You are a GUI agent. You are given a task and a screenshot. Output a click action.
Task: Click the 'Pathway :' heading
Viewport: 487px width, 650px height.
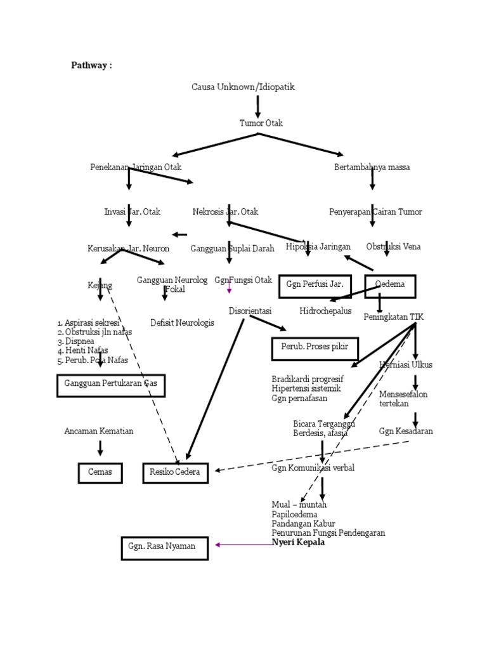click(x=91, y=65)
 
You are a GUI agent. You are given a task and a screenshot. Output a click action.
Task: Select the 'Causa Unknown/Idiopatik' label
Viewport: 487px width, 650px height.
click(x=243, y=86)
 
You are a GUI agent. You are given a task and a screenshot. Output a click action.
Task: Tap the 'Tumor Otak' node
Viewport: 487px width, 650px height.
click(x=261, y=123)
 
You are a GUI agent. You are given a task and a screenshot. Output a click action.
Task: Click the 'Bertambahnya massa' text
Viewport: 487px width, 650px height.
click(x=372, y=168)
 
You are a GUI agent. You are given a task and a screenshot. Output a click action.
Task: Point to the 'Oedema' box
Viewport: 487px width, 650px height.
click(x=390, y=285)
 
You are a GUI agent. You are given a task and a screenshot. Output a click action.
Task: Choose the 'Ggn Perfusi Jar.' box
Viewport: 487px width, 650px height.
click(x=315, y=285)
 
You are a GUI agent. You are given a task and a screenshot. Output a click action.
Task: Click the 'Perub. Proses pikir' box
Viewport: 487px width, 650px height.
click(x=315, y=348)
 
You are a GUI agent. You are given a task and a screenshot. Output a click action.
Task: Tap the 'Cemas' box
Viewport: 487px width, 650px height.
click(x=100, y=472)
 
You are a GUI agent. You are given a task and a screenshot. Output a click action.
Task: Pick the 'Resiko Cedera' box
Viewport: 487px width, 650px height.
click(x=175, y=472)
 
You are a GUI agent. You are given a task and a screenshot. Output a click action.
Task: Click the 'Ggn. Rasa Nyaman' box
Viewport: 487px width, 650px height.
click(x=164, y=547)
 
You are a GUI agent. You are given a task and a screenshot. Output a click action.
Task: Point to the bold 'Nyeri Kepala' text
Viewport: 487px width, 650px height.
click(x=298, y=543)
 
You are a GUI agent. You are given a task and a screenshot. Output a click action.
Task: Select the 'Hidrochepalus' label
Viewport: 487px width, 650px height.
click(x=325, y=311)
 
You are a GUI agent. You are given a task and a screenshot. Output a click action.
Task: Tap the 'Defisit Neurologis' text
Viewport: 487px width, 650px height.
click(x=182, y=322)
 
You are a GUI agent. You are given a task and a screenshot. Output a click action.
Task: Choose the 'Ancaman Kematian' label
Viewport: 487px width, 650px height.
click(x=99, y=432)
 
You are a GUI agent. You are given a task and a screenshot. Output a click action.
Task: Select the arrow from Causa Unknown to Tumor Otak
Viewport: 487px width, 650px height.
click(x=258, y=105)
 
